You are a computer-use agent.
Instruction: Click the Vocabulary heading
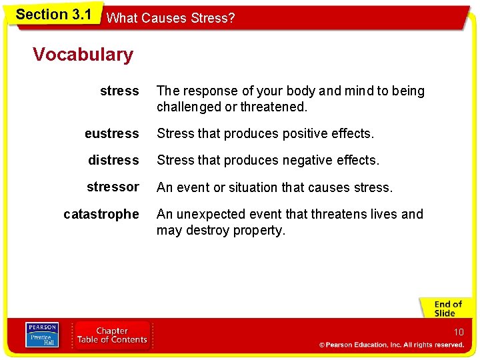coord(83,55)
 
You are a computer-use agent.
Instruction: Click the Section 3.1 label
coord(53,15)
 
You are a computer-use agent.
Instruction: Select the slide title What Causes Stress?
coord(171,18)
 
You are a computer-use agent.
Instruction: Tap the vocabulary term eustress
coord(112,134)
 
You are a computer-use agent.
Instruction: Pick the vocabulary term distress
coord(113,161)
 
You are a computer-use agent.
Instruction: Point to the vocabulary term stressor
coord(113,187)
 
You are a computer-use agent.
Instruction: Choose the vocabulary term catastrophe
coord(101,215)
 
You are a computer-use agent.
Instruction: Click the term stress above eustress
coord(119,91)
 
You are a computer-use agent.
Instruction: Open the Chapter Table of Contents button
coord(112,335)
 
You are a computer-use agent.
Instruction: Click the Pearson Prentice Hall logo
coord(42,335)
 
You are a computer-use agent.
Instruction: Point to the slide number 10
coord(459,332)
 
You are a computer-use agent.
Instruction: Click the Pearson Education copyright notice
coord(391,345)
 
